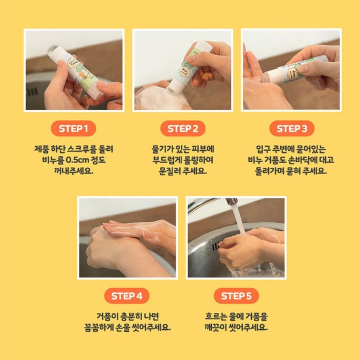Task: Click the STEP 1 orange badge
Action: [x=73, y=128]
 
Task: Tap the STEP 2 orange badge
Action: [x=183, y=128]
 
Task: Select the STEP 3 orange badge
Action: [x=292, y=128]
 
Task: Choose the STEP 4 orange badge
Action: [x=127, y=296]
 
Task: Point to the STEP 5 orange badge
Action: [x=236, y=296]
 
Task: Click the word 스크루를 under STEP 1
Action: [x=82, y=149]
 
